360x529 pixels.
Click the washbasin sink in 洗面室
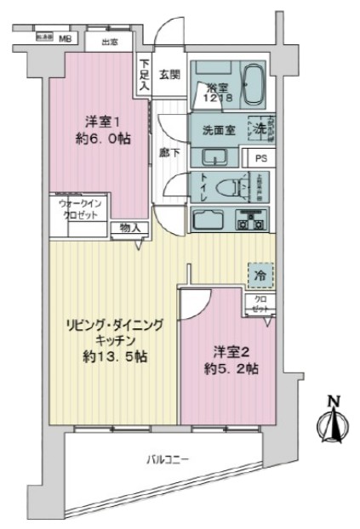click(x=214, y=157)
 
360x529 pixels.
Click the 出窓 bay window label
click(x=109, y=42)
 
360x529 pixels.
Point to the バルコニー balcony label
click(x=166, y=460)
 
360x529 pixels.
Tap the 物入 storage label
click(x=130, y=227)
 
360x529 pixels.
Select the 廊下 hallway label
click(x=169, y=152)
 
